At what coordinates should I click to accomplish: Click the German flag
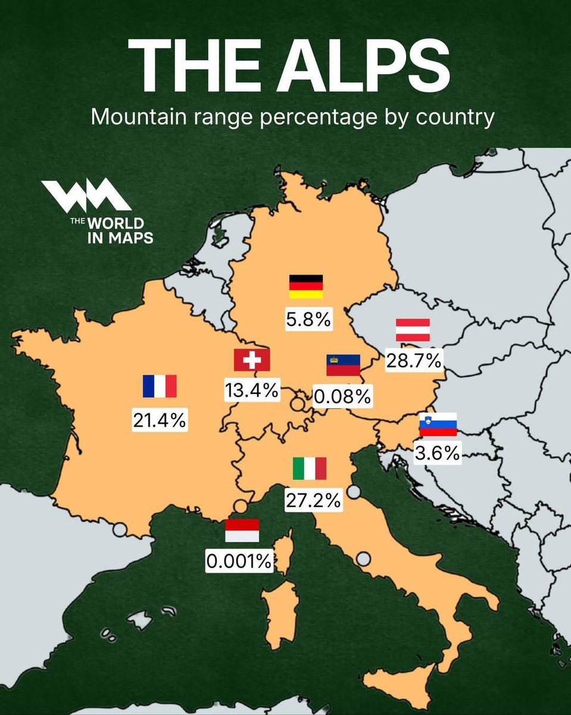pyautogui.click(x=306, y=287)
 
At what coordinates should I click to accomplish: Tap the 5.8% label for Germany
pyautogui.click(x=308, y=319)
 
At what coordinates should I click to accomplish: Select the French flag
pyautogui.click(x=160, y=386)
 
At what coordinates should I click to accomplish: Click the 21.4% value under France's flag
pyautogui.click(x=160, y=420)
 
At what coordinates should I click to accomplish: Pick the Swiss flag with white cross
pyautogui.click(x=251, y=360)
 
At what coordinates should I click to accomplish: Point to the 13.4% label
pyautogui.click(x=251, y=390)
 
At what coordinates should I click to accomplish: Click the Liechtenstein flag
pyautogui.click(x=344, y=365)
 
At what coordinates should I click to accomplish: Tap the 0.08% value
pyautogui.click(x=343, y=396)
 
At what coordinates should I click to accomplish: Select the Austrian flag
pyautogui.click(x=413, y=330)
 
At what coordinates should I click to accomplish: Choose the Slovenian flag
pyautogui.click(x=438, y=424)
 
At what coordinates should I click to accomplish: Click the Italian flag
pyautogui.click(x=310, y=468)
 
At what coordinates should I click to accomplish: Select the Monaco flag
pyautogui.click(x=242, y=530)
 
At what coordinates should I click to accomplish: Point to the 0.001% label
pyautogui.click(x=239, y=561)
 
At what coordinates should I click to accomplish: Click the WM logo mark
pyautogui.click(x=86, y=195)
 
